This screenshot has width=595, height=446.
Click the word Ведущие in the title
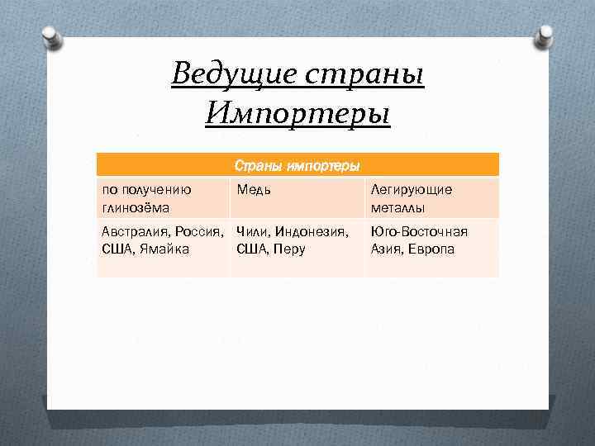tap(235, 74)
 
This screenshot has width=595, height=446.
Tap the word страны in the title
tap(365, 74)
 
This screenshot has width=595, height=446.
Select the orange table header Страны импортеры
tap(297, 165)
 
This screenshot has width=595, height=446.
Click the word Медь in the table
tap(253, 190)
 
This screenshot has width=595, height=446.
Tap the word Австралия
tap(134, 231)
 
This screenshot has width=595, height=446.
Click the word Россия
tap(198, 231)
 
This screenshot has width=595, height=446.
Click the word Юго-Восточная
tap(420, 231)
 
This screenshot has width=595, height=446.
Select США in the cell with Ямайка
tap(117, 249)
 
